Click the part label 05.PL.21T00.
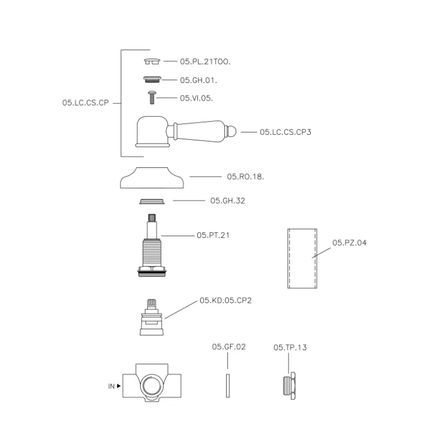[x=205, y=61]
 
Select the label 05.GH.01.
[x=198, y=80]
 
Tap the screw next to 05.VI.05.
[x=152, y=97]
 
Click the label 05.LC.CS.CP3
[x=285, y=132]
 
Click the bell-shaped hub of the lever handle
[x=153, y=131]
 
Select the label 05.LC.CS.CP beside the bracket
[x=86, y=103]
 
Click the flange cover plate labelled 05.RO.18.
[x=152, y=178]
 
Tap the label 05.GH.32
[x=228, y=201]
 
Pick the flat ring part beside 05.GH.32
[x=152, y=201]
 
